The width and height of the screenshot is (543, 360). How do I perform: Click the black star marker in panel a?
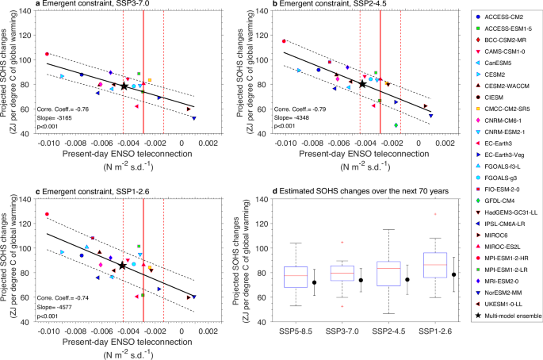(124, 86)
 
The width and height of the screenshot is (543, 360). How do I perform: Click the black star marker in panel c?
(122, 266)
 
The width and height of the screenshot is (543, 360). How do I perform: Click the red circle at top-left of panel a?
(47, 54)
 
